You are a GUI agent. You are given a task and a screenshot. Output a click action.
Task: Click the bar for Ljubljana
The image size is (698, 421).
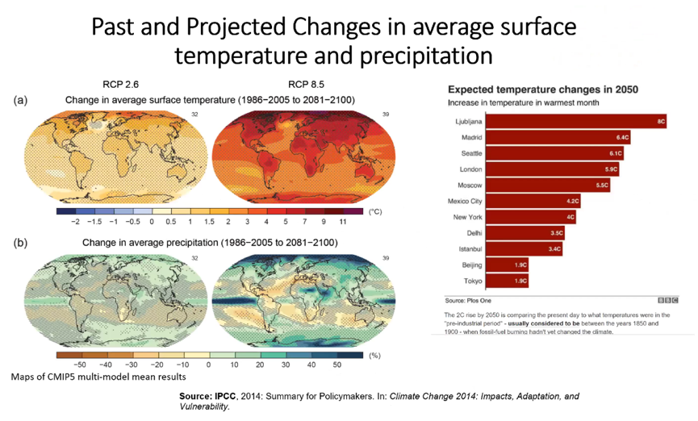[x=577, y=122]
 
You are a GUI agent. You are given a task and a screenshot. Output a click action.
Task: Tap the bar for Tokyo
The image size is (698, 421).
[x=509, y=281]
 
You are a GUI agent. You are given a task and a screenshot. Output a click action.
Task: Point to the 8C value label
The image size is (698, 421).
[x=660, y=122]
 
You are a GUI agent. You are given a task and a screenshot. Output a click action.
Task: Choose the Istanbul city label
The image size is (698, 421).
[x=470, y=249]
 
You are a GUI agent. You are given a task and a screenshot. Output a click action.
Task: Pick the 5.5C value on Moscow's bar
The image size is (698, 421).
[x=601, y=185]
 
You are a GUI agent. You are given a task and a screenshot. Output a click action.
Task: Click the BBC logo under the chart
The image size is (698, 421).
[x=669, y=299]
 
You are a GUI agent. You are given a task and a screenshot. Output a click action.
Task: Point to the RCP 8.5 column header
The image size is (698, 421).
[x=306, y=85]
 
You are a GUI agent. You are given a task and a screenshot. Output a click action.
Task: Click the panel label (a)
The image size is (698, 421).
[x=20, y=100]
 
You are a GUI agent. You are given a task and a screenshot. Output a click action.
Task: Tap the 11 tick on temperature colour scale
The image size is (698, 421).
[x=341, y=221]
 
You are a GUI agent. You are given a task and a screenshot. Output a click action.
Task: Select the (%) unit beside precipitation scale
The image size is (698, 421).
[x=374, y=355]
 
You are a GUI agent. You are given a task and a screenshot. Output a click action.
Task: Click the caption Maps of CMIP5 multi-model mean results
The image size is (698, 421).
[x=98, y=377]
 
